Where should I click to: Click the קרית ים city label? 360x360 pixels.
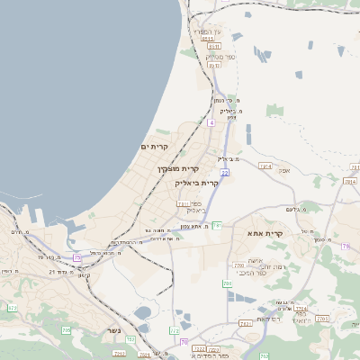[x=154, y=146]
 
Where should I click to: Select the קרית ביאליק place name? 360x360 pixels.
[x=197, y=183]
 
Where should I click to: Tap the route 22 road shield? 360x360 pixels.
[x=225, y=172]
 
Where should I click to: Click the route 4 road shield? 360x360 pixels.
[x=211, y=121]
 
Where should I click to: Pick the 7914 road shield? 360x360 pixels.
[x=265, y=166]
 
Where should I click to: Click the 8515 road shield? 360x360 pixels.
[x=208, y=39]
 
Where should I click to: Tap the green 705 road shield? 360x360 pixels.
[x=66, y=330]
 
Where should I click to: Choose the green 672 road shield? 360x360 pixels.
[x=12, y=308]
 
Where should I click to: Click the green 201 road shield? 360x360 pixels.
[x=228, y=283]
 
